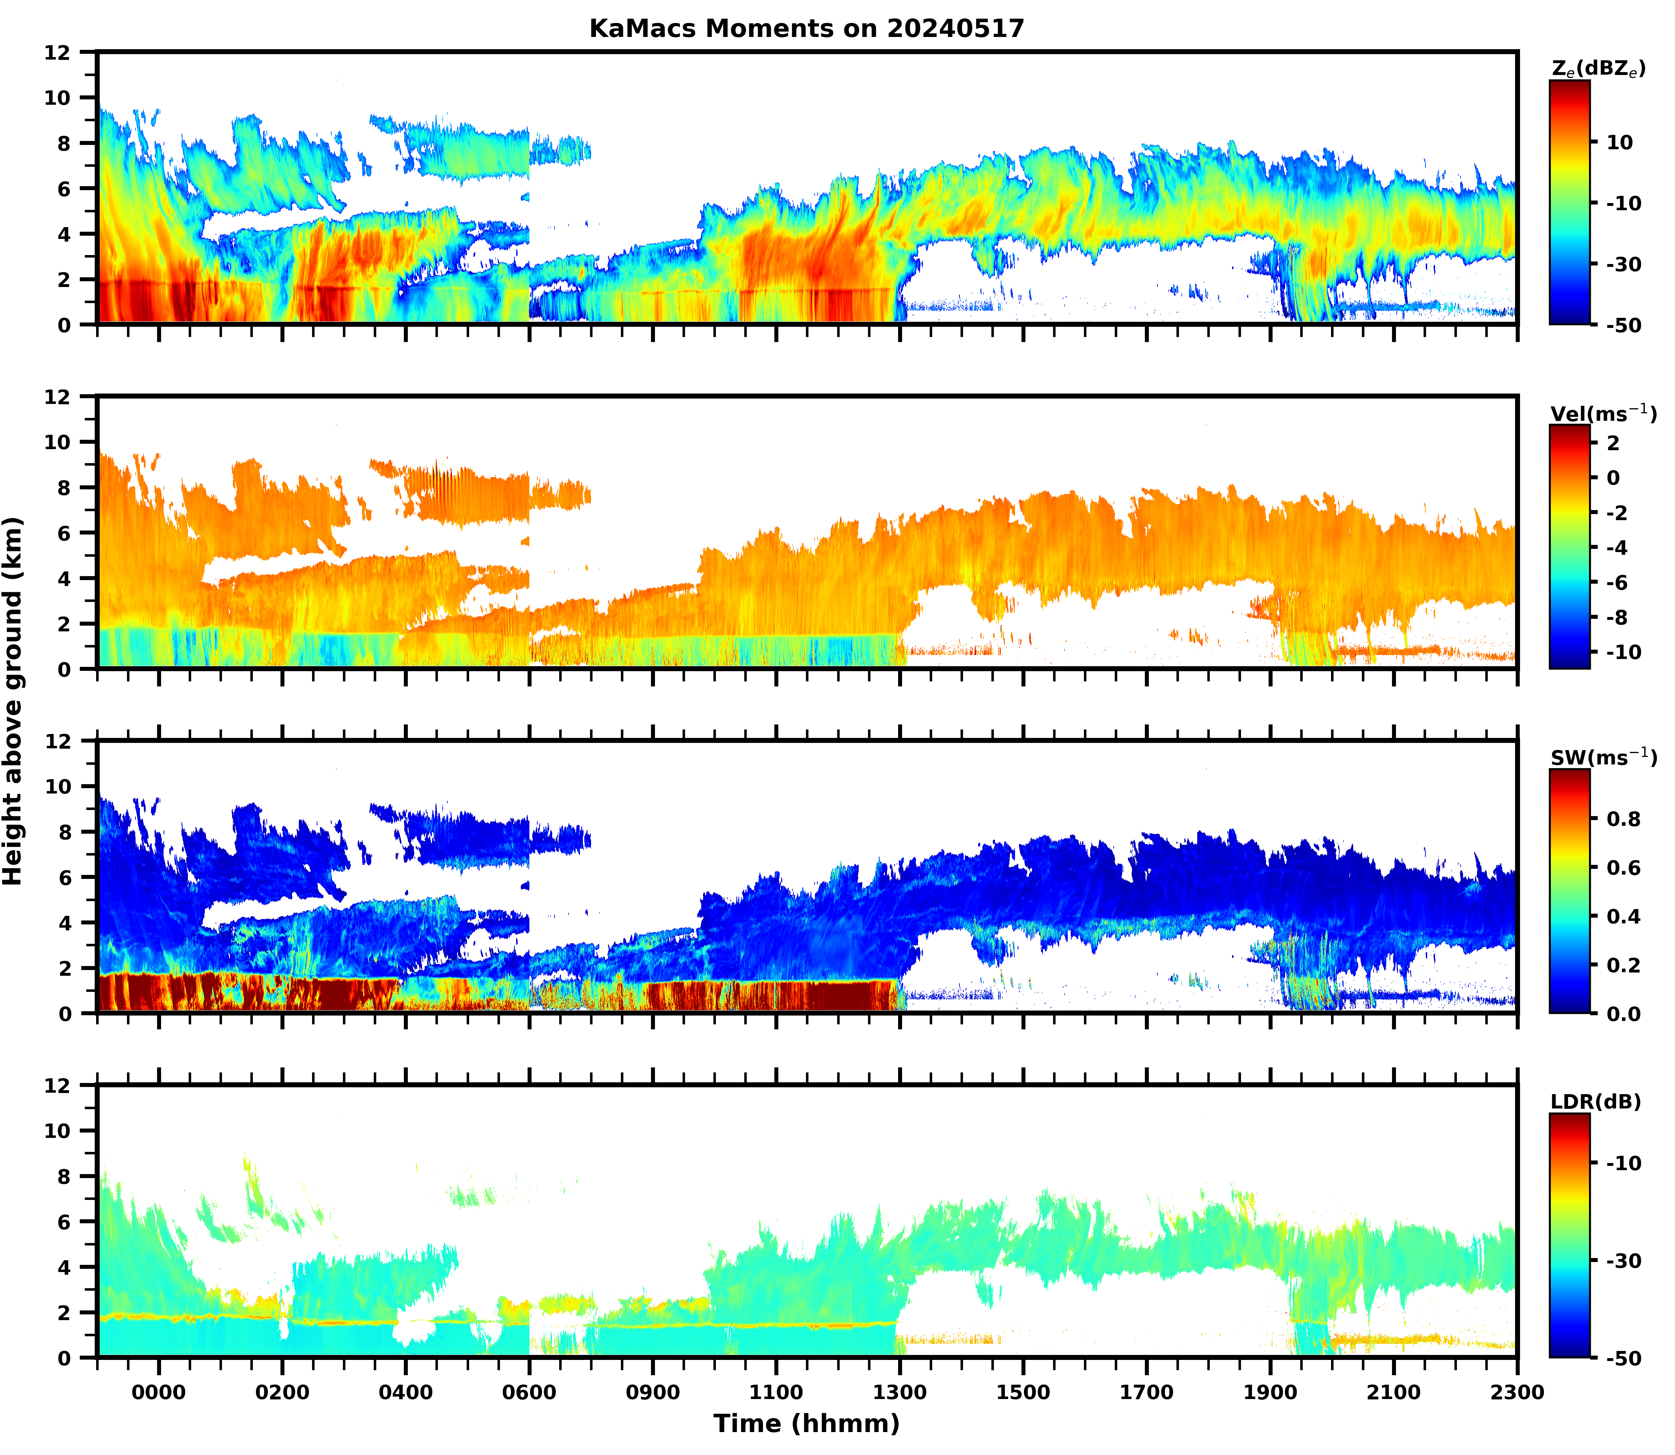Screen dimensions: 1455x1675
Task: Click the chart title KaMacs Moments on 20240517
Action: click(x=806, y=28)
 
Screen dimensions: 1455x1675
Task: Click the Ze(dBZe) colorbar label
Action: click(x=1598, y=70)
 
